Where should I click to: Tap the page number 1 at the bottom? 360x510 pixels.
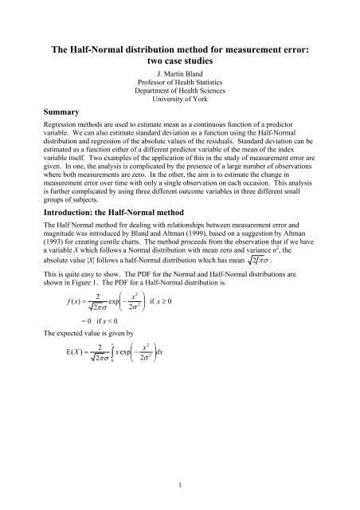click(x=180, y=483)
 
